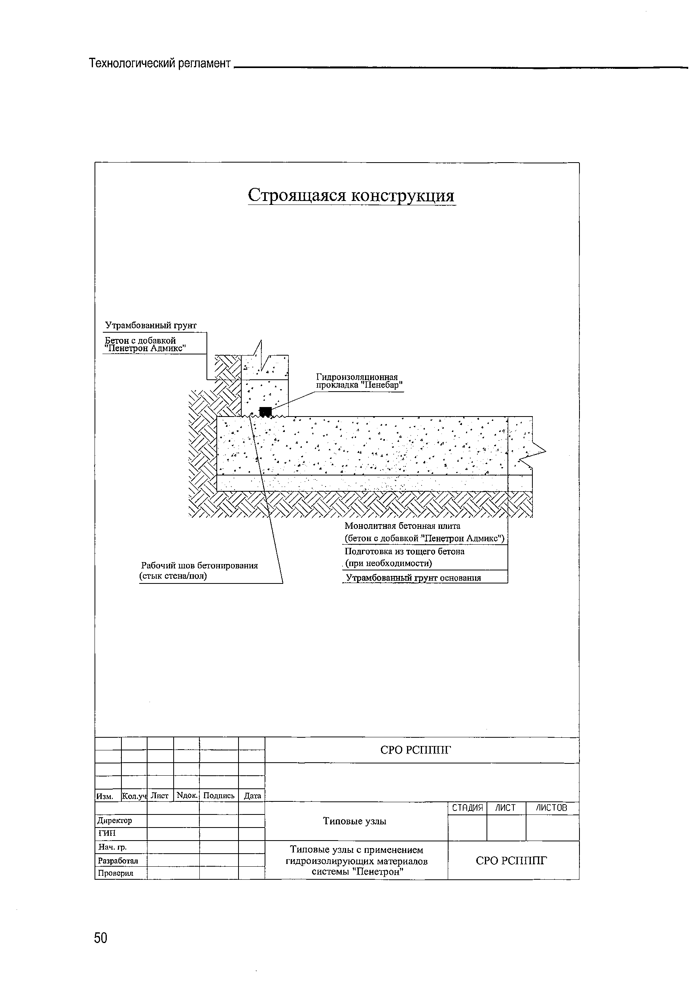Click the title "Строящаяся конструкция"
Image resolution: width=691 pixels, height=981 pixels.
coord(351,195)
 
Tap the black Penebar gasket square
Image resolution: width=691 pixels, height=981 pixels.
coord(265,411)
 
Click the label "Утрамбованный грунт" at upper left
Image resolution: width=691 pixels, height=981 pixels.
coord(151,326)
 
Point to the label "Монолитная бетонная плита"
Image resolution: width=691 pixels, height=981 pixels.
coord(402,526)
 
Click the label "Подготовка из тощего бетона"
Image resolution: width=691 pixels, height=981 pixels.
coord(404,551)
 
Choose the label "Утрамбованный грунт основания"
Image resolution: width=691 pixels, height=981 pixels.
coord(413,578)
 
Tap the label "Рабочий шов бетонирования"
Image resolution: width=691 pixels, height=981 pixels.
coord(200,566)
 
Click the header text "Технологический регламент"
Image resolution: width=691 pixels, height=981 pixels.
coord(159,64)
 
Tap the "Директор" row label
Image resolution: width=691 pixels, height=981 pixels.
coord(115,820)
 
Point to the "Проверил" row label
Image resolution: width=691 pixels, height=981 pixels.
coord(115,873)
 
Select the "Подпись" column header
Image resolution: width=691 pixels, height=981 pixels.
coord(219,795)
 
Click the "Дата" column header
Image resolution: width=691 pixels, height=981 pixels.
coord(252,795)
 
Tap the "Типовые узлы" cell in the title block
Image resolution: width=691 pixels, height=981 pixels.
coord(354,821)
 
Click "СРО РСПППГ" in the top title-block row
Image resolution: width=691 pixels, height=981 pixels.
coord(415,750)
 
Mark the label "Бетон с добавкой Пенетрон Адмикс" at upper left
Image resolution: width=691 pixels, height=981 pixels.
coord(144,344)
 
